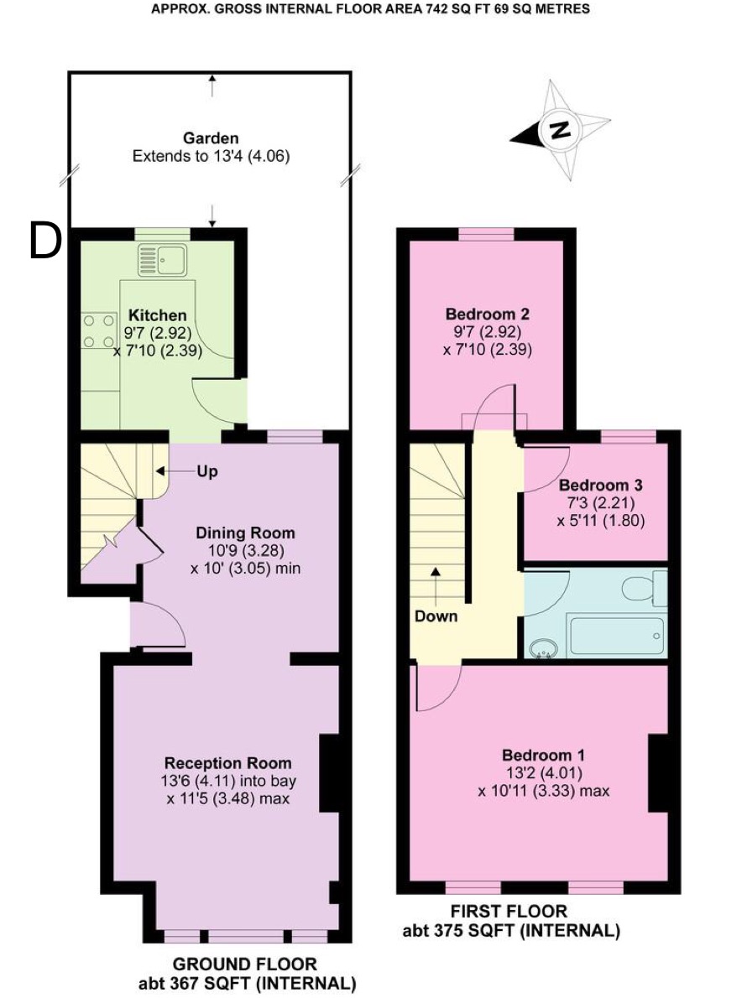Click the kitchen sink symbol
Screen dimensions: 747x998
pos(162,260)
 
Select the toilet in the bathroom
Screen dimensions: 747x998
pos(645,588)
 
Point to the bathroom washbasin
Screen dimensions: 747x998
pos(542,648)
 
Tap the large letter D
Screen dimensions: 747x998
pos(46,242)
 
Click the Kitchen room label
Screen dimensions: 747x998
pos(157,315)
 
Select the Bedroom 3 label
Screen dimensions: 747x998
pos(592,485)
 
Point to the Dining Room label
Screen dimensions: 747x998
pos(245,533)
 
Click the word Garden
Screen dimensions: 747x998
pos(211,138)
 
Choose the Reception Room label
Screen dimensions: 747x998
pos(228,762)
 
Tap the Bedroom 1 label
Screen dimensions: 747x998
pos(543,755)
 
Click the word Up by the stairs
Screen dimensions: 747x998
pos(207,471)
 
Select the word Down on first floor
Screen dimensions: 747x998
pos(436,616)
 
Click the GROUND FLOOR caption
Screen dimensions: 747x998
pos(245,964)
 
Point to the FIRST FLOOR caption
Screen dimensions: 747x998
pos(509,911)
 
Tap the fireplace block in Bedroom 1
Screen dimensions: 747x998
pos(658,772)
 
